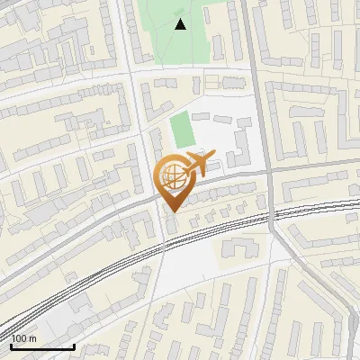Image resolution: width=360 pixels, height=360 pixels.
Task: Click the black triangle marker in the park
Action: coord(181,24)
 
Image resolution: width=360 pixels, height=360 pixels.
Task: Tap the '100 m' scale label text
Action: coord(23,338)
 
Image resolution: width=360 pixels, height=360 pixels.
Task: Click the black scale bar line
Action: coord(42,346)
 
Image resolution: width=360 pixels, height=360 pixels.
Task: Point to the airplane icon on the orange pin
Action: coord(197,165)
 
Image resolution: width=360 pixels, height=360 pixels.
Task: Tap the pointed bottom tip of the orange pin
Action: coord(171,212)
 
